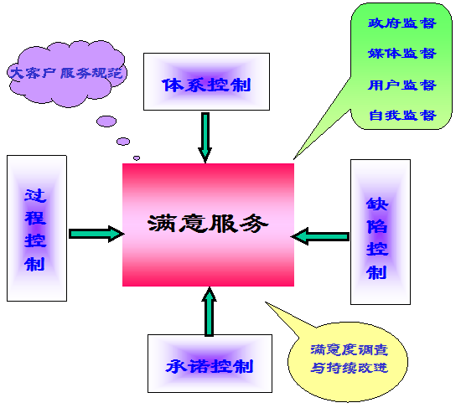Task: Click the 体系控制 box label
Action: pos(206,85)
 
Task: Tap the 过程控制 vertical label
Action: pos(35,230)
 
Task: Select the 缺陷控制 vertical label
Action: pos(377,238)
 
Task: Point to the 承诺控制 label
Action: pos(210,366)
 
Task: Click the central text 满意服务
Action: pos(208,224)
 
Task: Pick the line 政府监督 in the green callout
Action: pos(402,23)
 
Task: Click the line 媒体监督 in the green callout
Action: pos(402,54)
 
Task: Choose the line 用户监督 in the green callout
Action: pos(402,85)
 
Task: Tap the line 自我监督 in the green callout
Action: pos(402,115)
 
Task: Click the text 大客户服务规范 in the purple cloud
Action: pos(66,73)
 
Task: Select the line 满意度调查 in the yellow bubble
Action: pos(350,349)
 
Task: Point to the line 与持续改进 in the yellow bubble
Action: pos(350,368)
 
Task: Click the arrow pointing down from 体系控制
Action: pos(205,137)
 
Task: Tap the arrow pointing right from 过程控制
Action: pos(96,234)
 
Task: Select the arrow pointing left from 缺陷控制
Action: pos(320,236)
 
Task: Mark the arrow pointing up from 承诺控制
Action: pos(209,312)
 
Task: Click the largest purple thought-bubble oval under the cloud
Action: pos(106,121)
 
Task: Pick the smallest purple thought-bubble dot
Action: pos(137,158)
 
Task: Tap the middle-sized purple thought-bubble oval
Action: pos(123,142)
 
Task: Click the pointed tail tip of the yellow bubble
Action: pos(266,302)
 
